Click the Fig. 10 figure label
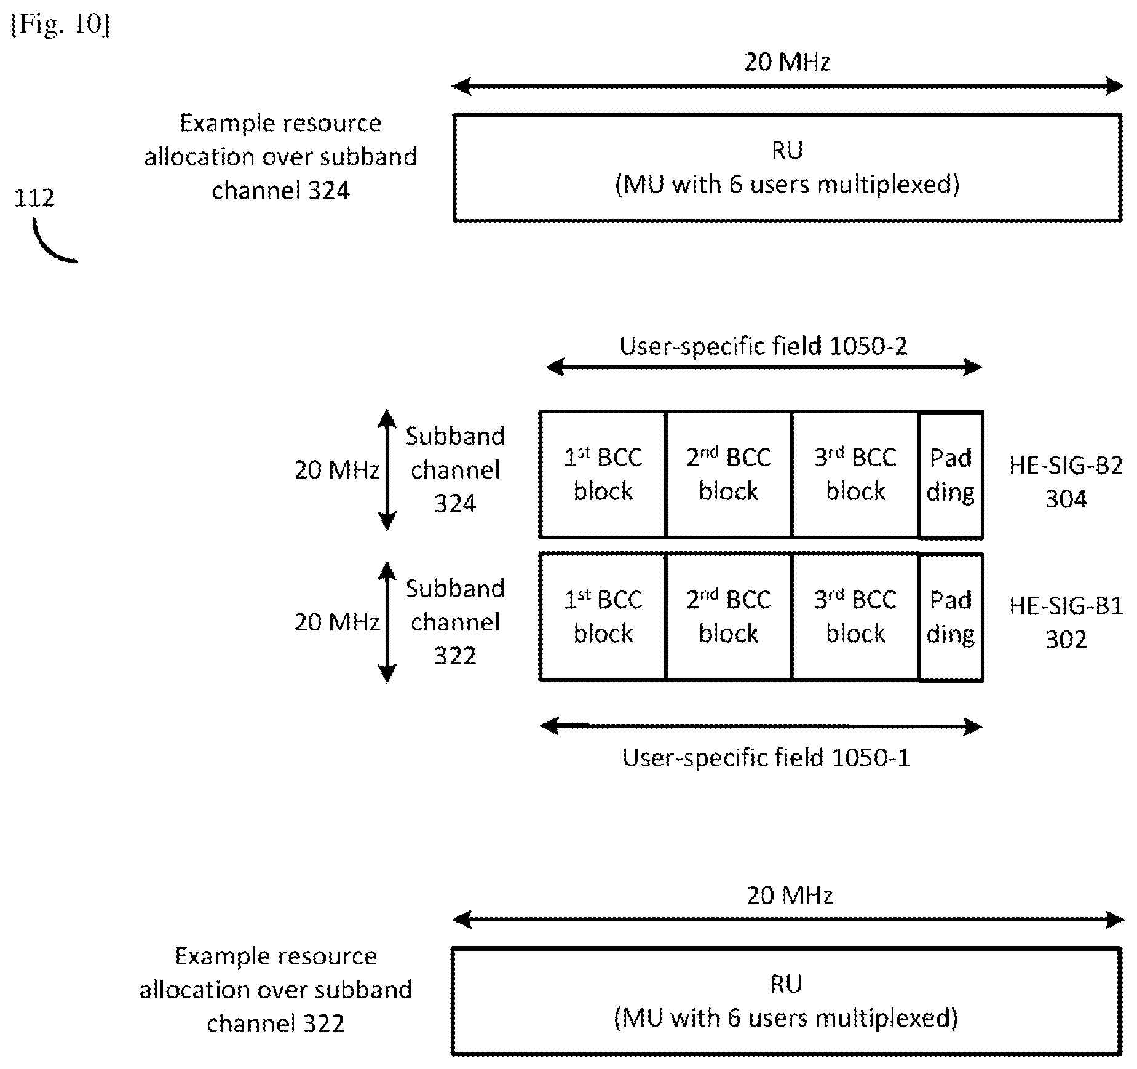coord(60,25)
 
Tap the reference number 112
coord(34,197)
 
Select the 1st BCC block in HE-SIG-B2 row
coord(603,474)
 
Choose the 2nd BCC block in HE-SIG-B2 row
coord(729,474)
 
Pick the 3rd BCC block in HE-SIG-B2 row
coord(855,474)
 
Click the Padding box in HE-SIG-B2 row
coord(951,474)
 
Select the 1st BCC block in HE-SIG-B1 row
coord(603,617)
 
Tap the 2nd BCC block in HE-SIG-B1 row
coord(729,617)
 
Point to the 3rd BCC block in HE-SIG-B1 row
coord(855,617)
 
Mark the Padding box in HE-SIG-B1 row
coord(951,617)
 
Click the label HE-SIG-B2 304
coord(1066,482)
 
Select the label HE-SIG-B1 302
coord(1066,622)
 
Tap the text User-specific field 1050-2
coord(763,346)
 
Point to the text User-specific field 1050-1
coord(766,758)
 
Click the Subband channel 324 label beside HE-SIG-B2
coord(455,470)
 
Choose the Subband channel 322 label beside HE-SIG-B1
coord(455,622)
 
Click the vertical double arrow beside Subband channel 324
coord(387,470)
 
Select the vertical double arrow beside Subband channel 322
coord(387,622)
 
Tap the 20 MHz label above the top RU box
coord(788,62)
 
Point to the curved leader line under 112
coord(47,249)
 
